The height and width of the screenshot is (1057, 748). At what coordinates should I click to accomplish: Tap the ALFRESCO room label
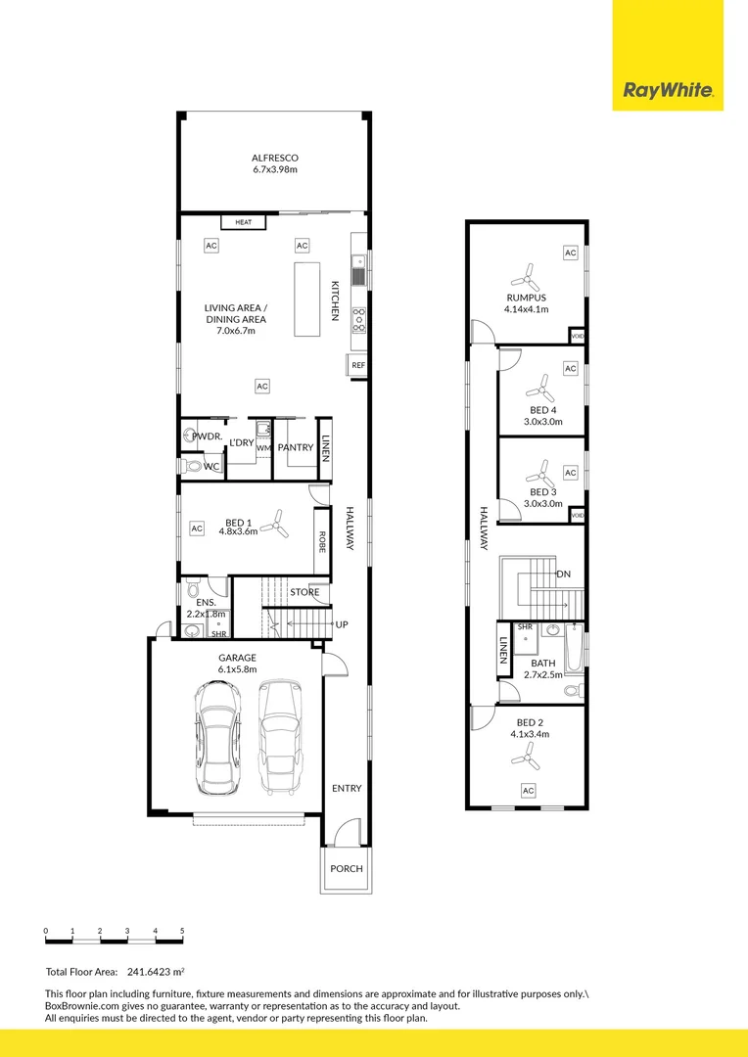(x=274, y=158)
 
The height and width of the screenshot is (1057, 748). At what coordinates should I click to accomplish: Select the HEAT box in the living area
(x=243, y=222)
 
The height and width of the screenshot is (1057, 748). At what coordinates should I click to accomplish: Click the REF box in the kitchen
(x=357, y=366)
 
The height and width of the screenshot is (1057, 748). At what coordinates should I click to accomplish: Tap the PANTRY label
(x=295, y=447)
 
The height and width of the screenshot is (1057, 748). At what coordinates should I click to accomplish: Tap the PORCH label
(x=346, y=868)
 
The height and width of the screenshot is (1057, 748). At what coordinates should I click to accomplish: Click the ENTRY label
(x=346, y=789)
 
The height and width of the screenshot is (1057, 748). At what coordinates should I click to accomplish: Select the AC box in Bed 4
(x=571, y=369)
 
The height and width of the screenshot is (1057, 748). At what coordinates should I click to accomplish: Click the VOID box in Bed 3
(x=578, y=515)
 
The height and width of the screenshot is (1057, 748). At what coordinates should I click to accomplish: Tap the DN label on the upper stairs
(x=563, y=574)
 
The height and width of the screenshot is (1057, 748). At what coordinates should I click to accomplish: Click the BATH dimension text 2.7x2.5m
(x=541, y=674)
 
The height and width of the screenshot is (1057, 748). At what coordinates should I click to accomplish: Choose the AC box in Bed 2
(x=528, y=790)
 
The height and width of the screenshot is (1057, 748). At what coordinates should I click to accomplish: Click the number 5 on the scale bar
(x=182, y=930)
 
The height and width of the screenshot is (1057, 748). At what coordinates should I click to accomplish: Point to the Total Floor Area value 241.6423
(x=154, y=972)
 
